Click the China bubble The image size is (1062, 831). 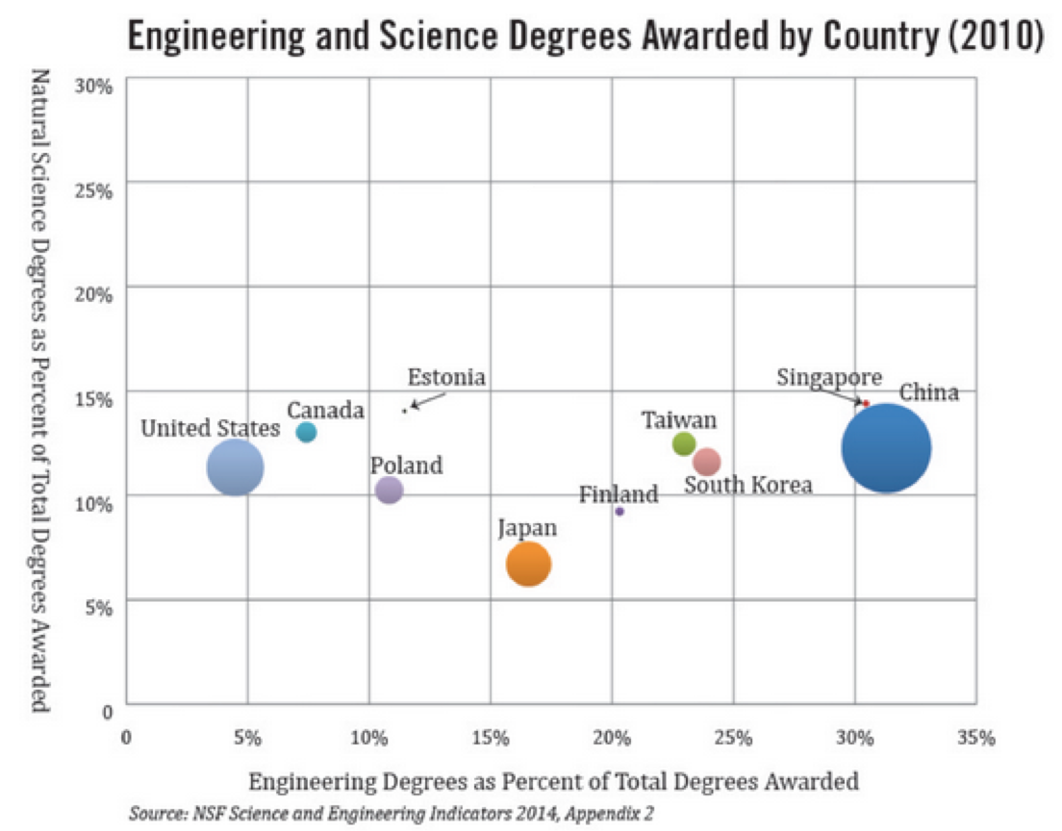pos(886,448)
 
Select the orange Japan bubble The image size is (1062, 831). pos(528,564)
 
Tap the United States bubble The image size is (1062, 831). pos(235,467)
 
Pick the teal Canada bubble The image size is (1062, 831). pos(306,432)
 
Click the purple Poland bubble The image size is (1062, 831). pos(389,490)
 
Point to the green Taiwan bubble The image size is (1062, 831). pos(684,443)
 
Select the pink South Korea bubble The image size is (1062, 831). pos(707,462)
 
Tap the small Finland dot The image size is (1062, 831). pos(619,512)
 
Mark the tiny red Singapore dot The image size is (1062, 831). pos(866,403)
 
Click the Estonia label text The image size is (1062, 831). pos(446,377)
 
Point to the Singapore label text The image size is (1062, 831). pos(829,377)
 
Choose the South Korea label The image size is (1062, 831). pos(748,485)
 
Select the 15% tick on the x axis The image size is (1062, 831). pos(491,738)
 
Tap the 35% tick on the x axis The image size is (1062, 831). pos(975,738)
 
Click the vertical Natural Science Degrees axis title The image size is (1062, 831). pos(40,390)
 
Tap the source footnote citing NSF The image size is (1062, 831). pos(392,814)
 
